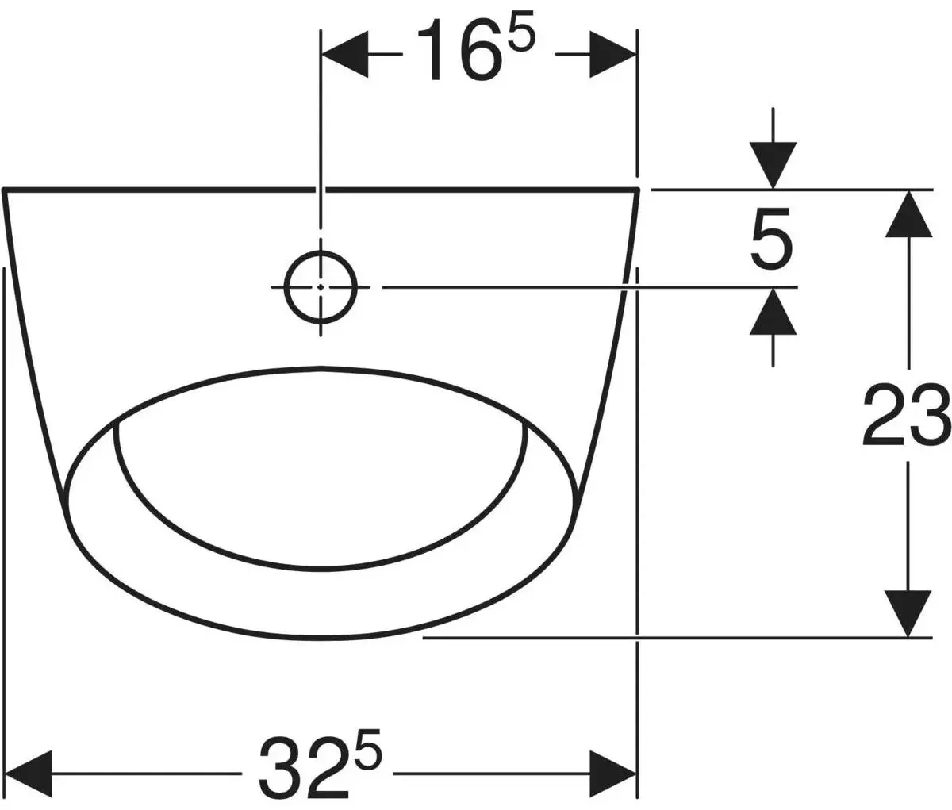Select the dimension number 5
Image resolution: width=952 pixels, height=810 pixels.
point(771,238)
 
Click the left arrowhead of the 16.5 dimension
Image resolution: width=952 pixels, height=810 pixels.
point(345,54)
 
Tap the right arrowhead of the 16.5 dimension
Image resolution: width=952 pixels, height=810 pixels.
point(613,54)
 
